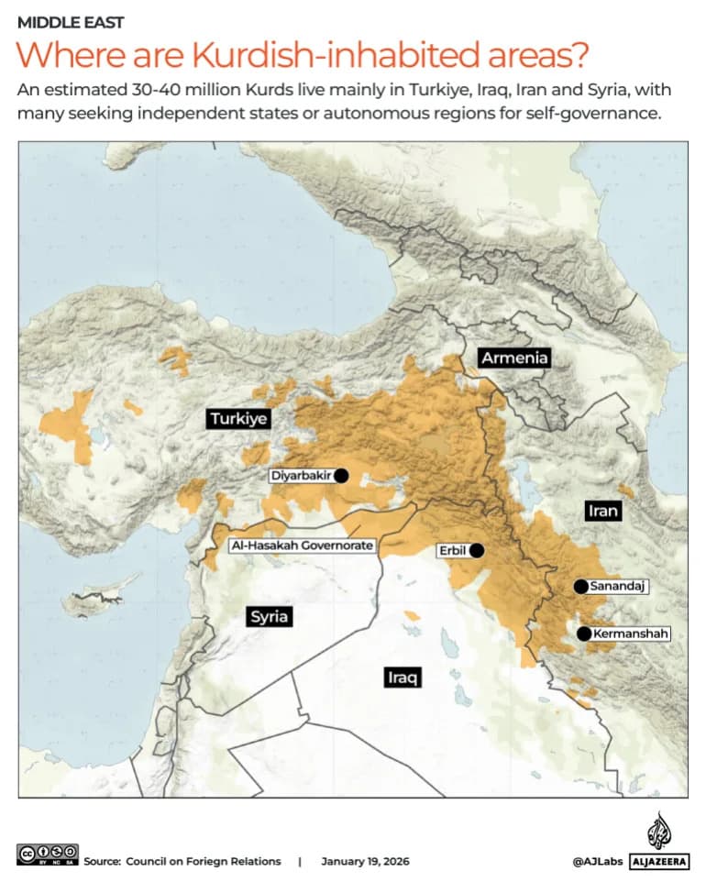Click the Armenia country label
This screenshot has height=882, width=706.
(514, 358)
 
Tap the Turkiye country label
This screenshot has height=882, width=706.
(237, 419)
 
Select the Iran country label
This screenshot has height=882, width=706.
(602, 511)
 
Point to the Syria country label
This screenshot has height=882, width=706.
(270, 616)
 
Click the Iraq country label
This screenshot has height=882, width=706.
(402, 678)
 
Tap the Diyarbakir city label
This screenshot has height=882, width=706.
(300, 476)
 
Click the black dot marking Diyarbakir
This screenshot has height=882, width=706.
(341, 475)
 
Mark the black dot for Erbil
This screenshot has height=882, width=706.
(477, 551)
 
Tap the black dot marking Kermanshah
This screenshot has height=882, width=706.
(583, 634)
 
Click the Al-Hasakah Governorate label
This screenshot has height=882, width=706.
(302, 546)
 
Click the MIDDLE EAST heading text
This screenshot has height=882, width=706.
(71, 22)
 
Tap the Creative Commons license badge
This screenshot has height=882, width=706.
(47, 854)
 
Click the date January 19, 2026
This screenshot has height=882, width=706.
(365, 862)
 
